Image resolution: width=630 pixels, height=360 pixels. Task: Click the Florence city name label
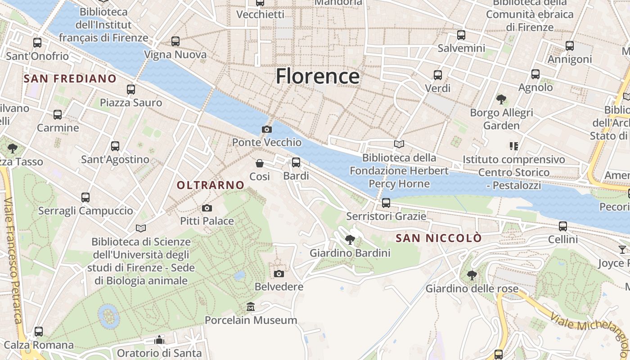[318, 76]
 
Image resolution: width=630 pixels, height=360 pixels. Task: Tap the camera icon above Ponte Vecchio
[266, 130]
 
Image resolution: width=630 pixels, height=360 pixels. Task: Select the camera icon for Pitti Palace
[207, 208]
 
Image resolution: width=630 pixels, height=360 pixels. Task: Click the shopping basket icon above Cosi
[260, 163]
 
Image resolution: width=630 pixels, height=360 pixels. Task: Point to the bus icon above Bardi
[296, 162]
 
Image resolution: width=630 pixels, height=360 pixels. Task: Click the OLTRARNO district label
[211, 185]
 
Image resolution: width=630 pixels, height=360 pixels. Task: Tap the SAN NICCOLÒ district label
[439, 238]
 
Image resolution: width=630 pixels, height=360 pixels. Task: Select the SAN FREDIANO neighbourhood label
[70, 79]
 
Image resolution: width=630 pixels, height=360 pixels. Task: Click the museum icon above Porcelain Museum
[251, 307]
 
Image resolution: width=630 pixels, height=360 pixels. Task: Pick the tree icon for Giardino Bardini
[350, 240]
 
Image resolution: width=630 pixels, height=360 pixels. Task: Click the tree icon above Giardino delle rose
[472, 275]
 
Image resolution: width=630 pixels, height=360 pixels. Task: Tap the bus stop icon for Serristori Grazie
[386, 203]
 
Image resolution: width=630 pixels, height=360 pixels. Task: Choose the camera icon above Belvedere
[279, 274]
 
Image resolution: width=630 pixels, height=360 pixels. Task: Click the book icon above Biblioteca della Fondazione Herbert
[399, 144]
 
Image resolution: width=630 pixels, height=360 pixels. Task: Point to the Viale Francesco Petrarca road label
[13, 261]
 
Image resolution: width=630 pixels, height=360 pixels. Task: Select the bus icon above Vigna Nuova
[175, 41]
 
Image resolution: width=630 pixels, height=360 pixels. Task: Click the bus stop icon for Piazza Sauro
[131, 90]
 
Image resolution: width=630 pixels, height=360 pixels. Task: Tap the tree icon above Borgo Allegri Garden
[501, 99]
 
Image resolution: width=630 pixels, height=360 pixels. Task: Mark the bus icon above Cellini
[563, 226]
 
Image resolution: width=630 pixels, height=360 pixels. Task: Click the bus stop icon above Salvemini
[461, 35]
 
